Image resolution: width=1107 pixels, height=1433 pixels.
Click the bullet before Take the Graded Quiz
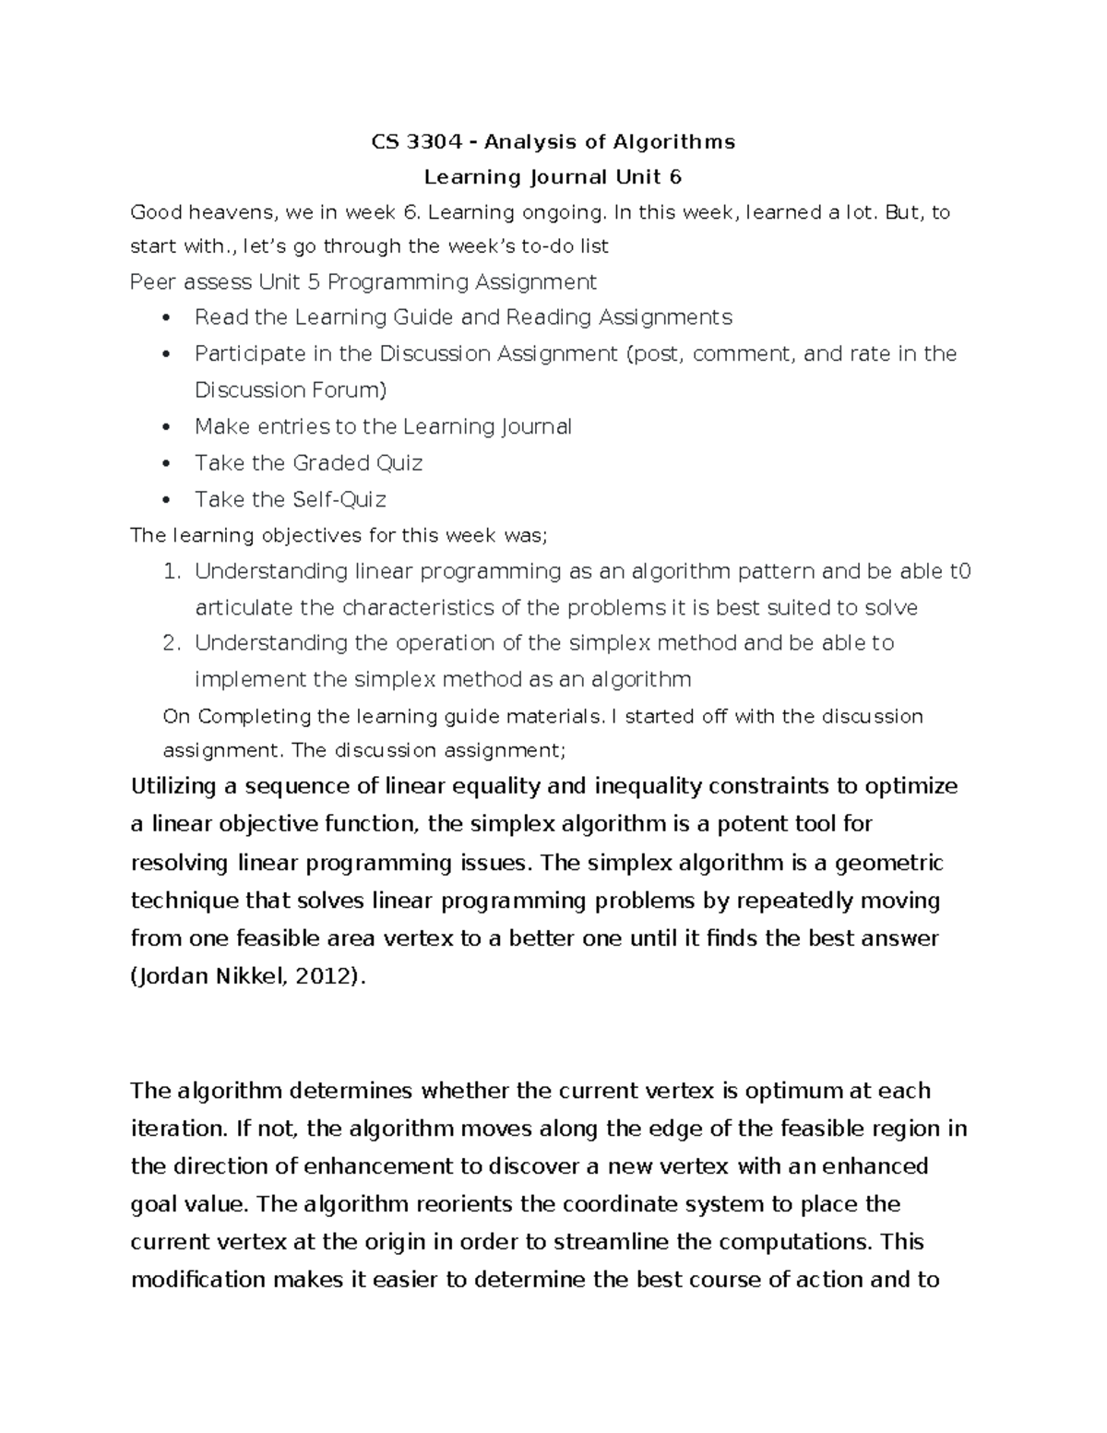tap(166, 463)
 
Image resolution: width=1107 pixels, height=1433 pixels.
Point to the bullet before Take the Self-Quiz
tap(166, 500)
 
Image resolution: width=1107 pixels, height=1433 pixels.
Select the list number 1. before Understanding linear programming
tap(171, 572)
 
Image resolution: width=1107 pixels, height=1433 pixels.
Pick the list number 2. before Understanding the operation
tap(171, 643)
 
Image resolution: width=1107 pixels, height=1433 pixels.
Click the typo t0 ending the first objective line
tap(960, 572)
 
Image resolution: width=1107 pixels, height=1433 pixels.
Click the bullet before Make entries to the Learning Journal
tap(166, 427)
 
